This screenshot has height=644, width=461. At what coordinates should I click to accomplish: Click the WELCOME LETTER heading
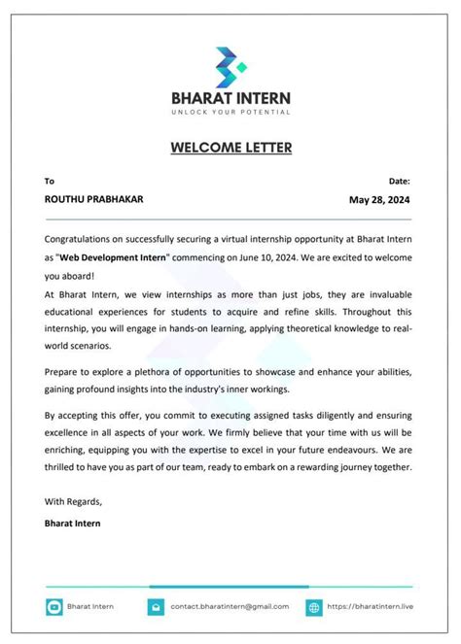pyautogui.click(x=230, y=148)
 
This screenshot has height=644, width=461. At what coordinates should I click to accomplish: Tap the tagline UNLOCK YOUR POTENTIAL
pyautogui.click(x=230, y=113)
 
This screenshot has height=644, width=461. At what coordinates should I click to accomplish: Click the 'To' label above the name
pyautogui.click(x=50, y=181)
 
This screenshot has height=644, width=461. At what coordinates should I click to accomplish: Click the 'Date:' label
pyautogui.click(x=399, y=181)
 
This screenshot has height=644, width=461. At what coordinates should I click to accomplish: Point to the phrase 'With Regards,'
pyautogui.click(x=73, y=501)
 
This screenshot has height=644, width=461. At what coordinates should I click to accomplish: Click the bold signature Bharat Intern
pyautogui.click(x=72, y=524)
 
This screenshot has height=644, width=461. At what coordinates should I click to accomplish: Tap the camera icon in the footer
pyautogui.click(x=54, y=607)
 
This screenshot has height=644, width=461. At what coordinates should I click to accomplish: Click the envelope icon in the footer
pyautogui.click(x=155, y=607)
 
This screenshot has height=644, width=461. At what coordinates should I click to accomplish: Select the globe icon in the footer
pyautogui.click(x=314, y=607)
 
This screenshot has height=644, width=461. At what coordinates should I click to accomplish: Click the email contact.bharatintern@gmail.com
pyautogui.click(x=230, y=607)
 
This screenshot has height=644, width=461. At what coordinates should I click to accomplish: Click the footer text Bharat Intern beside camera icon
pyautogui.click(x=90, y=607)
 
